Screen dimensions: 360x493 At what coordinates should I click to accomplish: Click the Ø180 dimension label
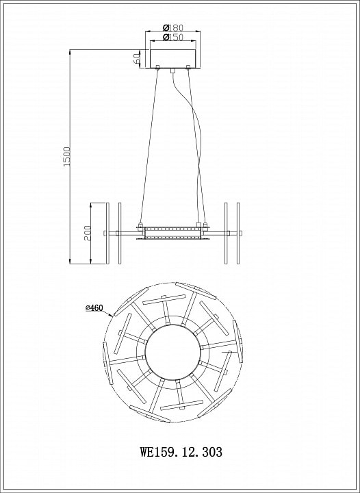coord(172,27)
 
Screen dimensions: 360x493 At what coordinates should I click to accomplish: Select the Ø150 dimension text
coord(172,37)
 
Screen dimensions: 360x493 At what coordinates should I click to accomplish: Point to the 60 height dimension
coord(136,58)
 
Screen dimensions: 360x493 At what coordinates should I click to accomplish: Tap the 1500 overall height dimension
coord(67,156)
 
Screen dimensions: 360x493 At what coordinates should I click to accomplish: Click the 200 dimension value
coord(88,233)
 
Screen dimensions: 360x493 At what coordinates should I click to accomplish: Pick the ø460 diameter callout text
coord(94,308)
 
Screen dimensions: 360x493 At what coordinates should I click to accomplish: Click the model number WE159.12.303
coord(181,452)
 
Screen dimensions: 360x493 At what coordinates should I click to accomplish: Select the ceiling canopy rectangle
coord(172,58)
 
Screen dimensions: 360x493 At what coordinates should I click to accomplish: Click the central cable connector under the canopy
coord(172,70)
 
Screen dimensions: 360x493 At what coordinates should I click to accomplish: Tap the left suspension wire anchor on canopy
coord(157,66)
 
